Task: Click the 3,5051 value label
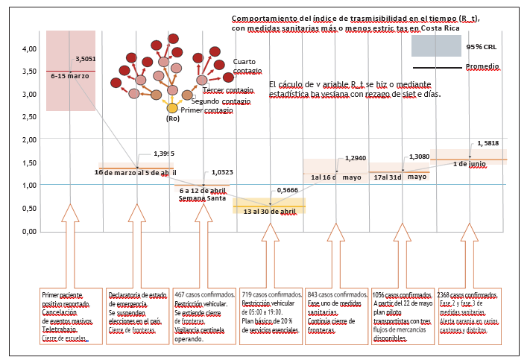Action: click(x=86, y=59)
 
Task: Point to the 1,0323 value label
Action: click(x=222, y=171)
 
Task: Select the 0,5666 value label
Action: click(x=287, y=191)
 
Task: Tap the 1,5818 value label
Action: click(x=489, y=144)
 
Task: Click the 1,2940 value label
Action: click(x=356, y=158)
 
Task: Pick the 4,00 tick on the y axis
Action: click(x=29, y=49)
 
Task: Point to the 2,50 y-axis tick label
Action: click(x=29, y=117)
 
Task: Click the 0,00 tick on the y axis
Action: click(x=29, y=231)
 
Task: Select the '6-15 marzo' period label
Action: click(x=70, y=76)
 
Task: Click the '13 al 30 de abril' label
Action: click(x=270, y=212)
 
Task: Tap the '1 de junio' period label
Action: click(x=470, y=164)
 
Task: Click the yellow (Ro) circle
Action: click(x=172, y=109)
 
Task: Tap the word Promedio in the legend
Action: click(x=482, y=66)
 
